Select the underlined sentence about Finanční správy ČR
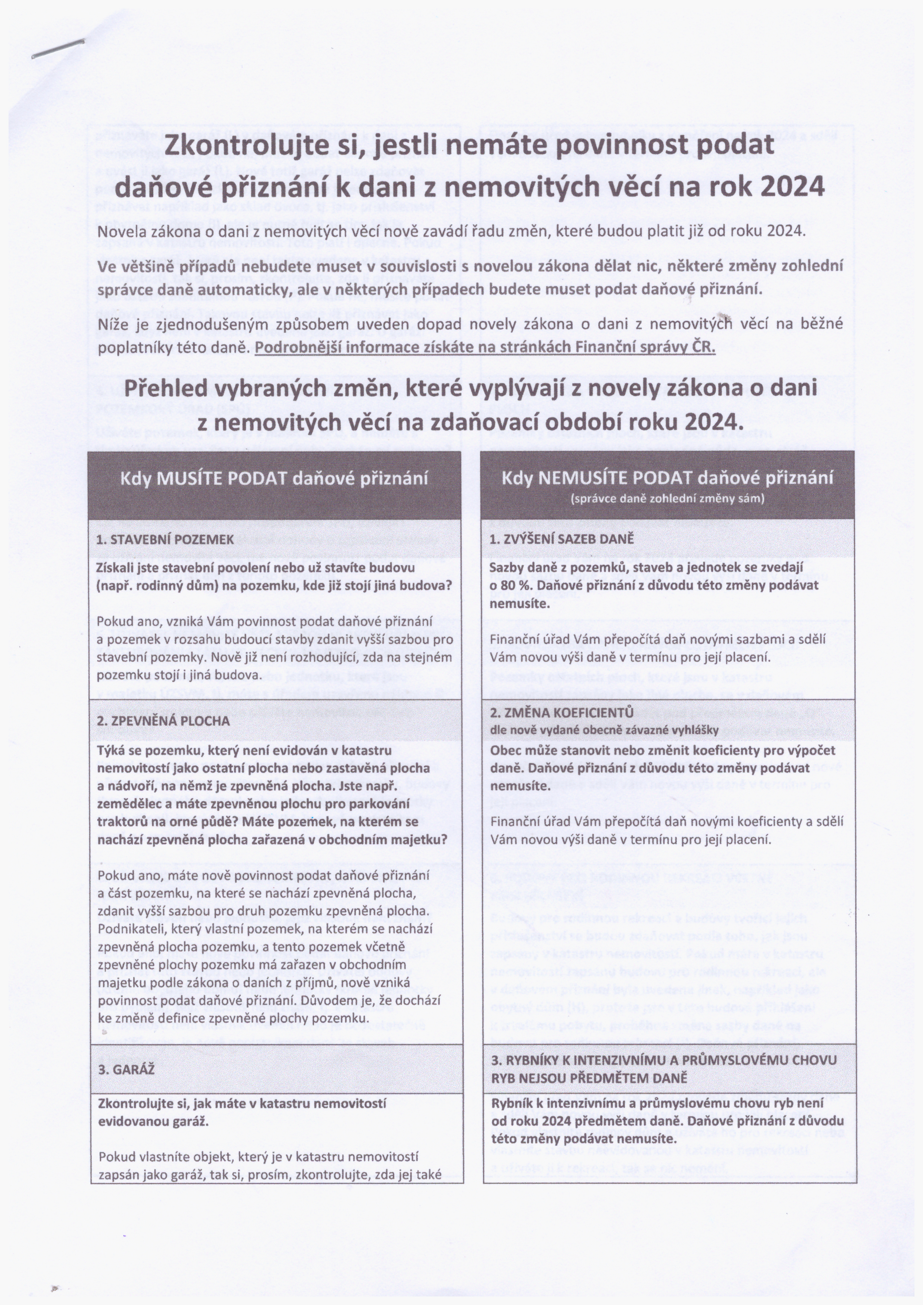(x=485, y=347)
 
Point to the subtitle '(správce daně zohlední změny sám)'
(x=667, y=499)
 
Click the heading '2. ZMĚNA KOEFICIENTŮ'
(x=561, y=713)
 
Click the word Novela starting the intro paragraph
(x=121, y=232)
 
